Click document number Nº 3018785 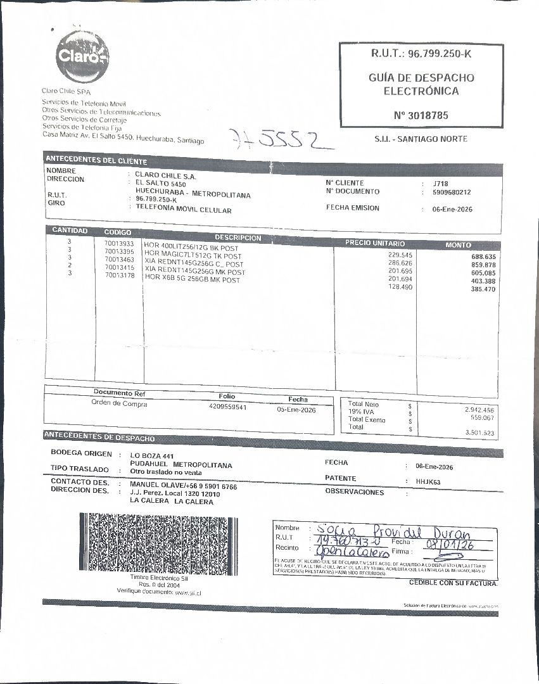pyautogui.click(x=421, y=116)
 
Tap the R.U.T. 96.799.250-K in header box pyautogui.click(x=421, y=54)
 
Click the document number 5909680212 pyautogui.click(x=452, y=192)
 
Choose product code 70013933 pyautogui.click(x=119, y=244)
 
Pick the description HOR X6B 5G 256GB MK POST pyautogui.click(x=192, y=279)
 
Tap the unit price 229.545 pyautogui.click(x=400, y=255)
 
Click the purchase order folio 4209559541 pyautogui.click(x=227, y=407)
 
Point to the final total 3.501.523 pyautogui.click(x=479, y=433)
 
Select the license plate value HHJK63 pyautogui.click(x=428, y=482)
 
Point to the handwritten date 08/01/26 pyautogui.click(x=450, y=543)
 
